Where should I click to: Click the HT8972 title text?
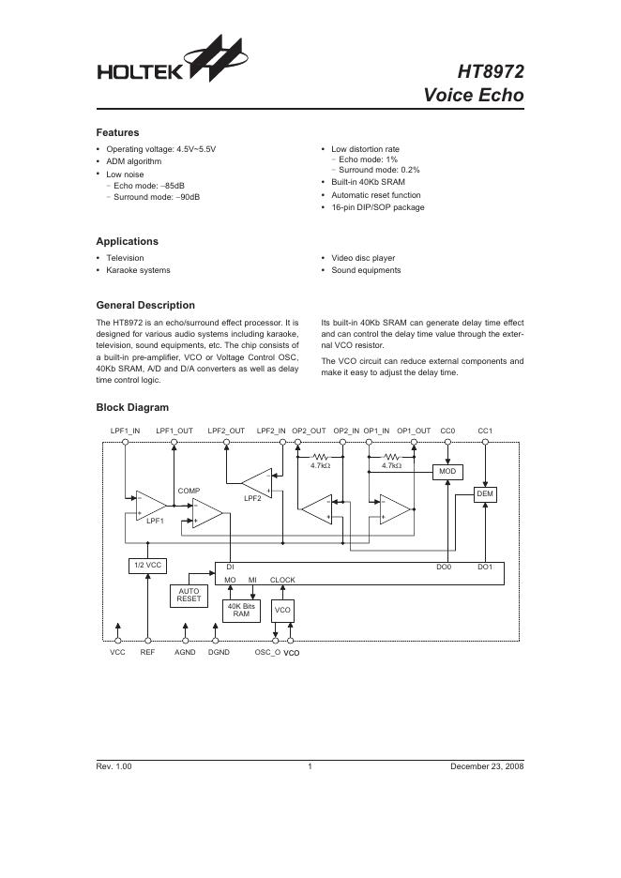click(x=491, y=72)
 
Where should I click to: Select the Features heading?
click(x=117, y=132)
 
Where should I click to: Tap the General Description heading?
click(x=145, y=305)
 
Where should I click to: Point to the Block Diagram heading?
click(x=132, y=407)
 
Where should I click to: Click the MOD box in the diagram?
click(x=445, y=472)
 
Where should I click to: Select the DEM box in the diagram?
click(x=485, y=493)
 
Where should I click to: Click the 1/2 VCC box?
click(x=146, y=567)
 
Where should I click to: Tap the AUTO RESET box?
click(x=189, y=595)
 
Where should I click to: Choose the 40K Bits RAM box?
click(x=241, y=610)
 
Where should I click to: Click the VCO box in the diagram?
click(x=282, y=611)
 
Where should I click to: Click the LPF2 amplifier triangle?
click(x=256, y=482)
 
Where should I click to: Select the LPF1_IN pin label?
click(x=125, y=431)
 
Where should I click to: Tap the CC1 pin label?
click(x=485, y=431)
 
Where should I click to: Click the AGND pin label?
click(x=185, y=651)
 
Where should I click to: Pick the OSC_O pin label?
click(x=267, y=651)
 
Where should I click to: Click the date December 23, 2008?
click(x=487, y=766)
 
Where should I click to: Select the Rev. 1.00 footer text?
click(x=114, y=766)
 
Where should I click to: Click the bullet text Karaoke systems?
click(x=138, y=270)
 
